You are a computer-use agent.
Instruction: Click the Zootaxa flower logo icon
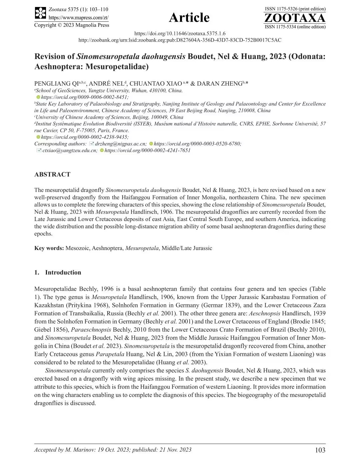tap(40, 13)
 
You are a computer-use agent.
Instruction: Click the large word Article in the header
tap(189, 18)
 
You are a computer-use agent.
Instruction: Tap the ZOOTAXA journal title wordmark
tap(295, 18)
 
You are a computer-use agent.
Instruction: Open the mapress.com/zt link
tap(78, 18)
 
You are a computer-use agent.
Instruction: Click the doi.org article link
tap(180, 33)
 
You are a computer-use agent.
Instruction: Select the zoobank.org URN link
tap(180, 40)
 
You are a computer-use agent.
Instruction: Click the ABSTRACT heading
tap(52, 174)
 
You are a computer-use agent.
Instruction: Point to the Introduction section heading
tap(63, 272)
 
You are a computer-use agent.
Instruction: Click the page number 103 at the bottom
tap(320, 450)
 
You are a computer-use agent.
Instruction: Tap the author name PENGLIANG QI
tap(57, 84)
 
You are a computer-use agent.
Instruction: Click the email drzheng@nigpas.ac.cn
tap(121, 144)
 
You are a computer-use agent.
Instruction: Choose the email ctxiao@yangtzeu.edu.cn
tap(70, 150)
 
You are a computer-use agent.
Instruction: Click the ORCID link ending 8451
tap(85, 97)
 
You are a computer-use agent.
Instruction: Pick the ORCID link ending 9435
tap(85, 137)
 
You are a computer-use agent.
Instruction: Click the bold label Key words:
tap(49, 248)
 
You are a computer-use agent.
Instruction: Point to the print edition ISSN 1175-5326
tap(295, 9)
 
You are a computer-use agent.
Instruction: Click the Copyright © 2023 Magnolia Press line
tap(72, 25)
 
